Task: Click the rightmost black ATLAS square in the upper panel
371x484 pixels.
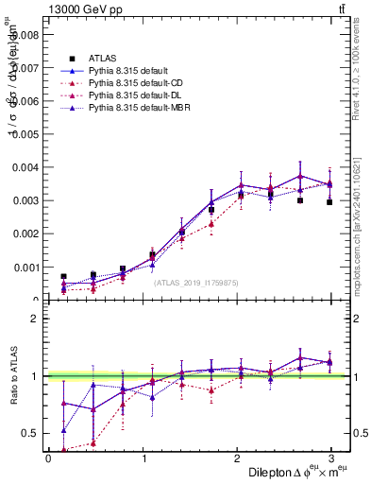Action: pos(329,202)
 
